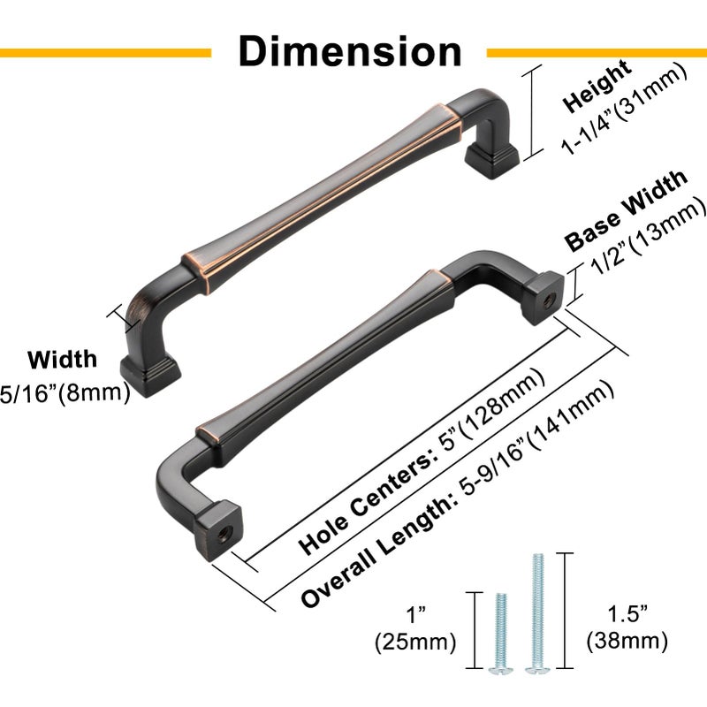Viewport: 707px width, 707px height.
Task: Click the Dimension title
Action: click(350, 51)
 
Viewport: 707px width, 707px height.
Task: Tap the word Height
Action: click(597, 87)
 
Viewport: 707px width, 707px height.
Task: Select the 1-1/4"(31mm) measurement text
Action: click(624, 110)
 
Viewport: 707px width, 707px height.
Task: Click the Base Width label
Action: click(627, 211)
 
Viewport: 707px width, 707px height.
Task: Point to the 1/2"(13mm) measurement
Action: click(649, 237)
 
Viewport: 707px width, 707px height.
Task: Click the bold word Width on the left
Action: click(62, 360)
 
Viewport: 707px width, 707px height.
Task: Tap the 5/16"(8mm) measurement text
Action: click(65, 393)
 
